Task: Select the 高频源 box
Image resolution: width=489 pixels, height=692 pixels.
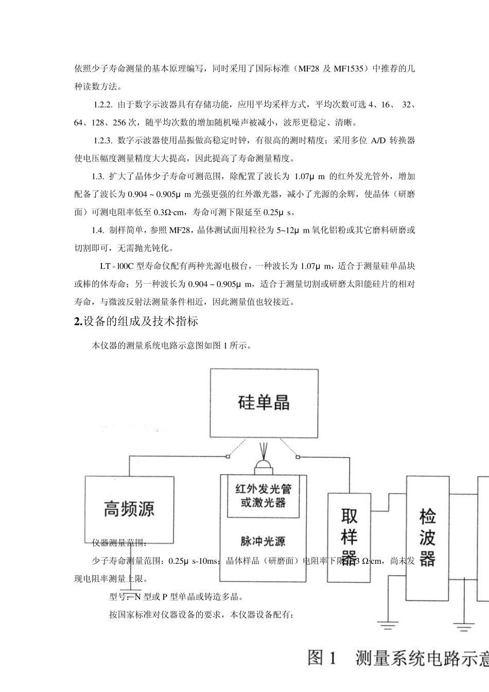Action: [x=129, y=509]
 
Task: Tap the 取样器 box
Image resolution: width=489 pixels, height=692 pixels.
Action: [x=349, y=538]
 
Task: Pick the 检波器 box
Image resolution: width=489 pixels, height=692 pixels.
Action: [x=427, y=537]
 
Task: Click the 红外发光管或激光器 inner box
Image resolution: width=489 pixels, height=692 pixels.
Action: [x=263, y=495]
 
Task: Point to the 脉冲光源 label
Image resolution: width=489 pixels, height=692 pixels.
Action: [x=263, y=541]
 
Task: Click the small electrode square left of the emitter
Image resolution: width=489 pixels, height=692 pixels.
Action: [x=227, y=456]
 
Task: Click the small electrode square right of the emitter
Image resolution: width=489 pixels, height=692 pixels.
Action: [x=298, y=456]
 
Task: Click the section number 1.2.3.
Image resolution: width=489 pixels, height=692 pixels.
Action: [x=103, y=141]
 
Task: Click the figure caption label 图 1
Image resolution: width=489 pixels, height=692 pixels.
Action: [x=322, y=658]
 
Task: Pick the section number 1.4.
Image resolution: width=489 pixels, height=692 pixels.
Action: [x=98, y=230]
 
